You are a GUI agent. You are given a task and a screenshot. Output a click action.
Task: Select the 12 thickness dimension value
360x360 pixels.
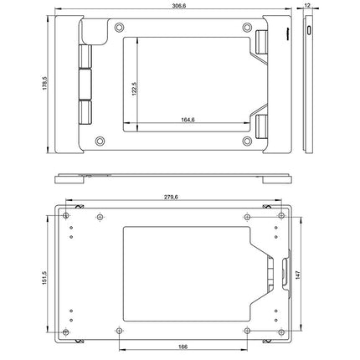pyautogui.click(x=307, y=5)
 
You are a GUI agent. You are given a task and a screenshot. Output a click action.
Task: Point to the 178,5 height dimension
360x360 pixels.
pyautogui.click(x=44, y=84)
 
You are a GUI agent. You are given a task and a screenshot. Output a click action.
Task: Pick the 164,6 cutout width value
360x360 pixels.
pyautogui.click(x=188, y=120)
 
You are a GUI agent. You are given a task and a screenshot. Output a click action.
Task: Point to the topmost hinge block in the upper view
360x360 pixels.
pyautogui.click(x=85, y=57)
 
